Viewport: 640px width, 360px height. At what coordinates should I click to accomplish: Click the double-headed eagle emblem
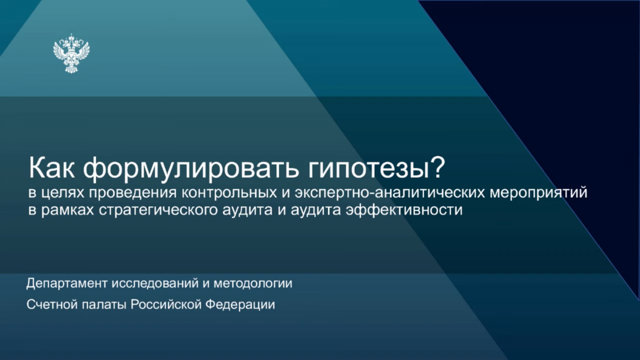tap(71, 53)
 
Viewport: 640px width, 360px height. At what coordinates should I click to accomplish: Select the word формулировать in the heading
tap(191, 170)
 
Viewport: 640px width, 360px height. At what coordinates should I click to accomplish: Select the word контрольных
tap(229, 194)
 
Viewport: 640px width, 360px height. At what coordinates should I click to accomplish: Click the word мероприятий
tap(539, 194)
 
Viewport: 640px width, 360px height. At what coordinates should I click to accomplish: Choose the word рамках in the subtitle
tap(68, 210)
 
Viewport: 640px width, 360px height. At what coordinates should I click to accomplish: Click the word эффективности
tap(404, 210)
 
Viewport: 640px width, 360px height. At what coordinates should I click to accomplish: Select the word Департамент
tap(67, 283)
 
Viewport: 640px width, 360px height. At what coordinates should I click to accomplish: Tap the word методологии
tap(253, 283)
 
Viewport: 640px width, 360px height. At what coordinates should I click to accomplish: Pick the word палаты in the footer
tap(105, 305)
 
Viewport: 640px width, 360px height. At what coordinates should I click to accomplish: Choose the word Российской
tap(166, 304)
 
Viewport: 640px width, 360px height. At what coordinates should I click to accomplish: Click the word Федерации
tap(241, 305)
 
